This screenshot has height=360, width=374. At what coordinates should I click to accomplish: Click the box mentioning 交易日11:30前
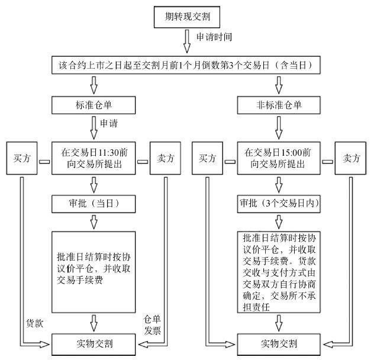pos(93,158)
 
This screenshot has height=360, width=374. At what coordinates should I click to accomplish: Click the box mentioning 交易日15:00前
pos(278,158)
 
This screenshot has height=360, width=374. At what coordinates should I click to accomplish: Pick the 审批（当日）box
pos(93,203)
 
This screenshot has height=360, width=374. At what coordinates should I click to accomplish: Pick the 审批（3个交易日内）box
pos(278,203)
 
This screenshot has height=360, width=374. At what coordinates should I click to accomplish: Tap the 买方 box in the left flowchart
pos(22,158)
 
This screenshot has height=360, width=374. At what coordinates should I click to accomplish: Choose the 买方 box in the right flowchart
pos(207,158)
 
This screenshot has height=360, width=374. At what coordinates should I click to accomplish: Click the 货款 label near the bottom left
pos(34,323)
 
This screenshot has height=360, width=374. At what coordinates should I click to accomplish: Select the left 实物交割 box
pos(93,343)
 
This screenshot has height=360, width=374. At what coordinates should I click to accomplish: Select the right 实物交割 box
pos(278,343)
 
